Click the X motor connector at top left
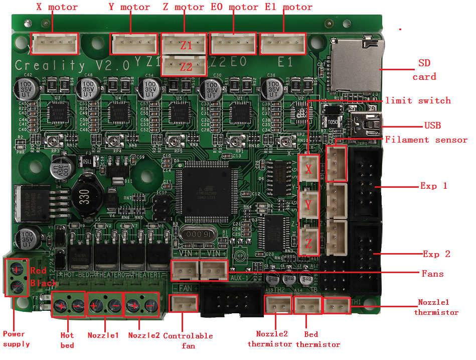click(55, 44)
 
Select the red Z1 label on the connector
click(186, 45)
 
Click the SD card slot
click(357, 65)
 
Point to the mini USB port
click(368, 124)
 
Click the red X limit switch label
click(309, 170)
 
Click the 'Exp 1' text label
click(434, 186)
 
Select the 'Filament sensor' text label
click(426, 140)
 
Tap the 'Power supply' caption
click(17, 339)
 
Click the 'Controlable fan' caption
click(188, 340)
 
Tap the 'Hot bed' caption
click(67, 340)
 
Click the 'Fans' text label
click(433, 274)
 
